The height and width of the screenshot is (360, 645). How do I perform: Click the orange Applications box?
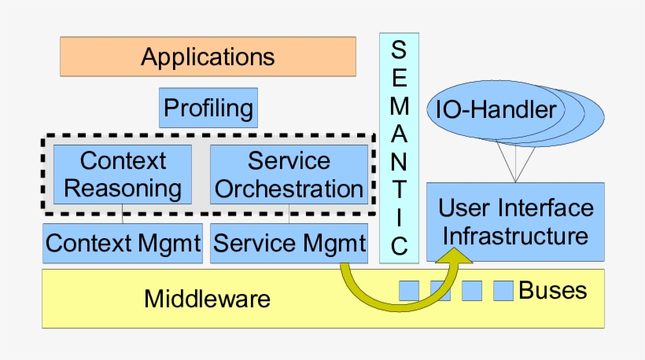click(208, 57)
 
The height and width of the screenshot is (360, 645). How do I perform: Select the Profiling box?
click(208, 107)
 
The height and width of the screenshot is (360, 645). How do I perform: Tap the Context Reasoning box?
click(122, 174)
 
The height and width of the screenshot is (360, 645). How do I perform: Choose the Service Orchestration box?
click(289, 174)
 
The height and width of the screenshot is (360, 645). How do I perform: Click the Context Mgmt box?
click(123, 243)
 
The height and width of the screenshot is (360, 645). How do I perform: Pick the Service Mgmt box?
click(289, 243)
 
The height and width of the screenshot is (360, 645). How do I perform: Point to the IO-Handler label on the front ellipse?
click(496, 110)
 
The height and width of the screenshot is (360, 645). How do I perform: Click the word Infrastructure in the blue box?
click(516, 235)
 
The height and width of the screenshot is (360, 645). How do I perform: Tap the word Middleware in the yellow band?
click(207, 299)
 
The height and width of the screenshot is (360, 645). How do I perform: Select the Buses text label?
click(552, 290)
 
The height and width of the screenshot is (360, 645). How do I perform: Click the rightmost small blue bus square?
click(503, 290)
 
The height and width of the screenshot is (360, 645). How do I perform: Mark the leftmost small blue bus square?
click(409, 290)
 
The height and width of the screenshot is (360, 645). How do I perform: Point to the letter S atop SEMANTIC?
click(400, 50)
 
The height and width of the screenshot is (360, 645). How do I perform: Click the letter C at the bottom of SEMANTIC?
click(400, 247)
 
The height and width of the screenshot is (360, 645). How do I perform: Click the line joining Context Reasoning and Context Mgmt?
click(122, 212)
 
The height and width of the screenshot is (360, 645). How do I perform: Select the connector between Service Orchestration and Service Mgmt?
click(289, 212)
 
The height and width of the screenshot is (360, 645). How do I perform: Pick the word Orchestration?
click(289, 189)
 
